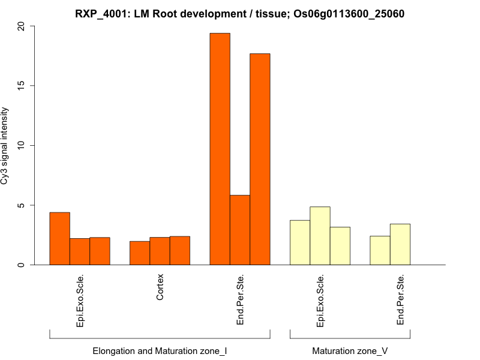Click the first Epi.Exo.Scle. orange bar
(x=59, y=239)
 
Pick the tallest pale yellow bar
(x=320, y=236)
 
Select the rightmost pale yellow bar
(x=400, y=244)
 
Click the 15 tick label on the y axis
(x=22, y=86)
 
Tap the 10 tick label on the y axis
(x=22, y=145)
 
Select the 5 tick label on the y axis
(x=22, y=205)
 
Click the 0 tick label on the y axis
(x=22, y=265)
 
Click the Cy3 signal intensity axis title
(x=6, y=146)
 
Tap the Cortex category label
(x=160, y=287)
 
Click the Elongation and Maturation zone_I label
(x=160, y=350)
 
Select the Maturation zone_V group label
(x=350, y=350)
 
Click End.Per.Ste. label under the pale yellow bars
(x=400, y=300)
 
